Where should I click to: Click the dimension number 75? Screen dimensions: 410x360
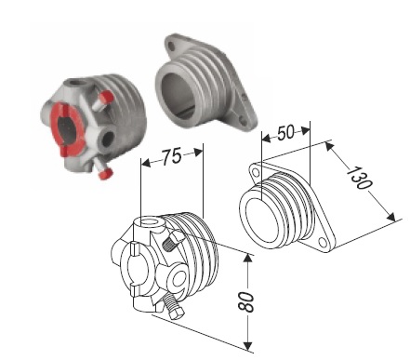click(172, 156)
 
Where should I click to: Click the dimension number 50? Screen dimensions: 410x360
click(285, 133)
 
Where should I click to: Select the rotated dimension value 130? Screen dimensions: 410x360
click(360, 179)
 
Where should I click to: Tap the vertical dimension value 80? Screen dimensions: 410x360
click(246, 301)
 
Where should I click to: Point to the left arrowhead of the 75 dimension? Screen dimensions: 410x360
click(146, 163)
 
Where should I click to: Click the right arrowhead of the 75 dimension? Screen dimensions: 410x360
click(198, 153)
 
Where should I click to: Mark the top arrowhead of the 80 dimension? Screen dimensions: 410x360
click(247, 259)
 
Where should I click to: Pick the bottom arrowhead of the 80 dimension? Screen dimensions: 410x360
click(247, 346)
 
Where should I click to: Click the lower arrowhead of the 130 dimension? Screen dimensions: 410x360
click(391, 217)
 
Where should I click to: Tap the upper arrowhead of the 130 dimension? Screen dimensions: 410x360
click(329, 147)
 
